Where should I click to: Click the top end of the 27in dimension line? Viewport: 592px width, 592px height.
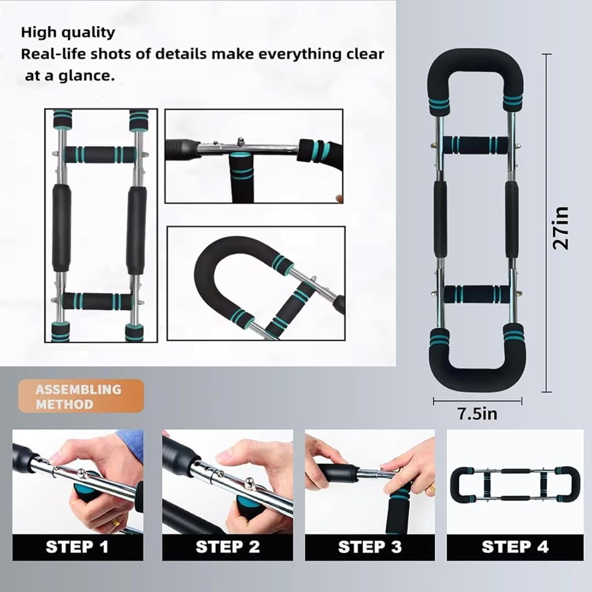(546, 54)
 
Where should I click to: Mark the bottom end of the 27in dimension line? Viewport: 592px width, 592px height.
(546, 392)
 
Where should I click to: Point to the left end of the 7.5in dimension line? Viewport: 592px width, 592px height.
(434, 401)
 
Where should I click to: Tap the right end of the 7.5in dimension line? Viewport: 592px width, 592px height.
(522, 401)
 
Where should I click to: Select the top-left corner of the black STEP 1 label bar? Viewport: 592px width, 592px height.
(13, 534)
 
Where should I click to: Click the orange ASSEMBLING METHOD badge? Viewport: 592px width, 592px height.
(81, 396)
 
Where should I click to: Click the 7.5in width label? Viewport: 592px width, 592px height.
(477, 414)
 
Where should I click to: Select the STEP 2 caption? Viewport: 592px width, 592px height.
(228, 547)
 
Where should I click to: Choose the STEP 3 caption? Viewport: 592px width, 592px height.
(370, 547)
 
